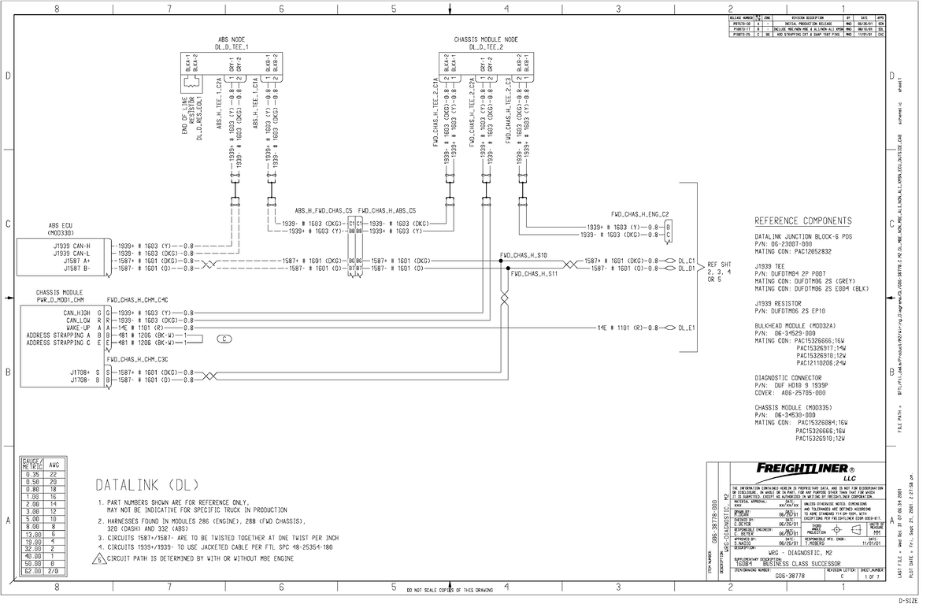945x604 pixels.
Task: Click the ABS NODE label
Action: [x=232, y=39]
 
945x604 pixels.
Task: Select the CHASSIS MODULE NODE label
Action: [x=485, y=39]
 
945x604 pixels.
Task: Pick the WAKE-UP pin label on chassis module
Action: [x=76, y=328]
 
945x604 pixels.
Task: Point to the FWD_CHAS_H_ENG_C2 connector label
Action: [x=639, y=213]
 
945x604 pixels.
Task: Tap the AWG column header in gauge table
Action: [x=54, y=465]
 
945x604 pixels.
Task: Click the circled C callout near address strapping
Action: [x=224, y=339]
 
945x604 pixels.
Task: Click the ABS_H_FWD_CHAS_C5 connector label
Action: [x=323, y=211]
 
